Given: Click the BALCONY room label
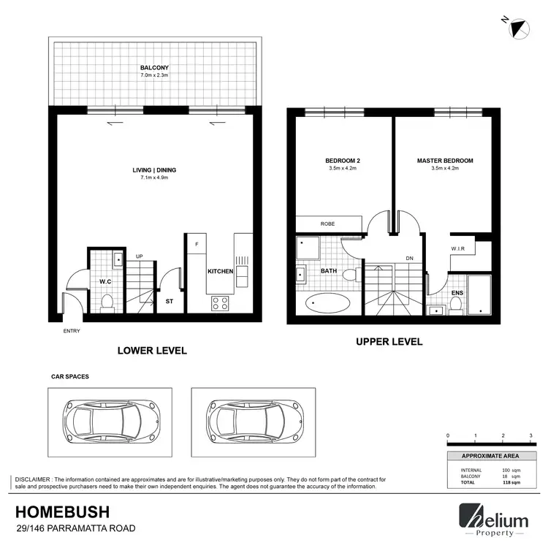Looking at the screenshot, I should pyautogui.click(x=154, y=67).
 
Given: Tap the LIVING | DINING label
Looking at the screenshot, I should pyautogui.click(x=154, y=170).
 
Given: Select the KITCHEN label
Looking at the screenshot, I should pyautogui.click(x=220, y=271).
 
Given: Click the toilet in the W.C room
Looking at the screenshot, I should pyautogui.click(x=107, y=301).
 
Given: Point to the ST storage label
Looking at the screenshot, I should pyautogui.click(x=170, y=300).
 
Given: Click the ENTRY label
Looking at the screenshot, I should pyautogui.click(x=72, y=331).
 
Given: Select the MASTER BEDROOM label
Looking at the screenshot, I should pyautogui.click(x=445, y=161).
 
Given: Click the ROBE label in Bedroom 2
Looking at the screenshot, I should pyautogui.click(x=328, y=224).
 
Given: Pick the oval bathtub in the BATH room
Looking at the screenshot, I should pyautogui.click(x=327, y=302).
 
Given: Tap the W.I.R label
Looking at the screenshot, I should pyautogui.click(x=458, y=249).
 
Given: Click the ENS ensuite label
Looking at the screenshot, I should pyautogui.click(x=457, y=293).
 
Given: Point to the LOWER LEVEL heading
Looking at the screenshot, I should pyautogui.click(x=153, y=351).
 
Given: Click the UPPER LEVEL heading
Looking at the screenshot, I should pyautogui.click(x=389, y=341).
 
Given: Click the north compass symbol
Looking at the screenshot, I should pyautogui.click(x=520, y=28).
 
